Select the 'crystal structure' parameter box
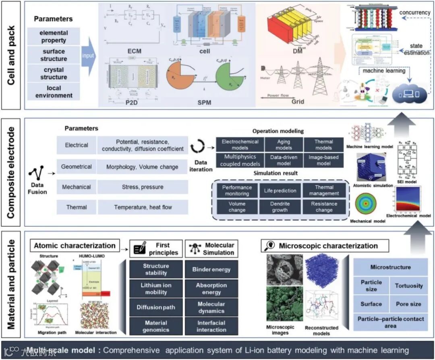tap(54, 73)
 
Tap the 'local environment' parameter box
tap(54, 92)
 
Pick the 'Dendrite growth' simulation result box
tap(280, 207)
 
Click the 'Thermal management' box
tap(324, 190)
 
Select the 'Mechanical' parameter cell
tap(77, 187)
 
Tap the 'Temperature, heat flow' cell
tap(143, 207)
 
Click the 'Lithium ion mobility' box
tap(156, 288)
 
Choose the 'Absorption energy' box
tap(211, 288)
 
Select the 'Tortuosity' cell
tap(409, 286)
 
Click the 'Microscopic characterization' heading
tap(325, 246)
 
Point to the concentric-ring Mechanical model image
tap(366, 205)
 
